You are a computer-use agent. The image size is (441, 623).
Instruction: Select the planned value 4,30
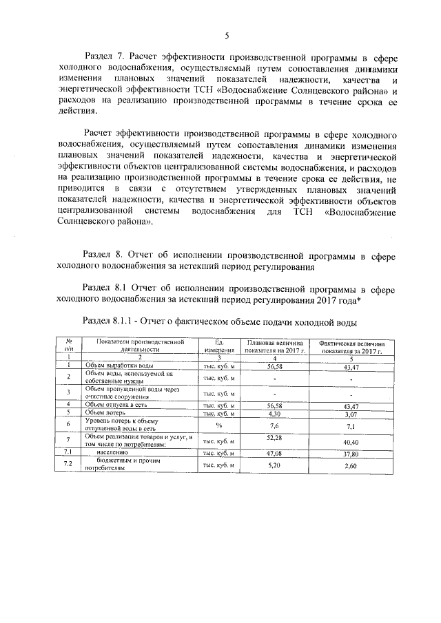pos(274,413)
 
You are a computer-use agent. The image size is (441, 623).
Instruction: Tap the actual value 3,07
pos(351,414)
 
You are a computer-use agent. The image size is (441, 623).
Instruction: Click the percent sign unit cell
pos(218,425)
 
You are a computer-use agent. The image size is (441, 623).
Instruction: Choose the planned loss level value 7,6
pos(274,426)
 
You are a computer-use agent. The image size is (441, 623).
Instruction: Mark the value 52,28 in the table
pos(274,437)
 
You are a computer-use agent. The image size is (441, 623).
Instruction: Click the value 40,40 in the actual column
pos(351,441)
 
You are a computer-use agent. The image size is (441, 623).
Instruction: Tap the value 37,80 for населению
pos(351,453)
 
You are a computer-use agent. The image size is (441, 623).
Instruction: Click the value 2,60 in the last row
pos(351,466)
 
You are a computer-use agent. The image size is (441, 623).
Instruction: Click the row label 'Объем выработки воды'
pos(114,366)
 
